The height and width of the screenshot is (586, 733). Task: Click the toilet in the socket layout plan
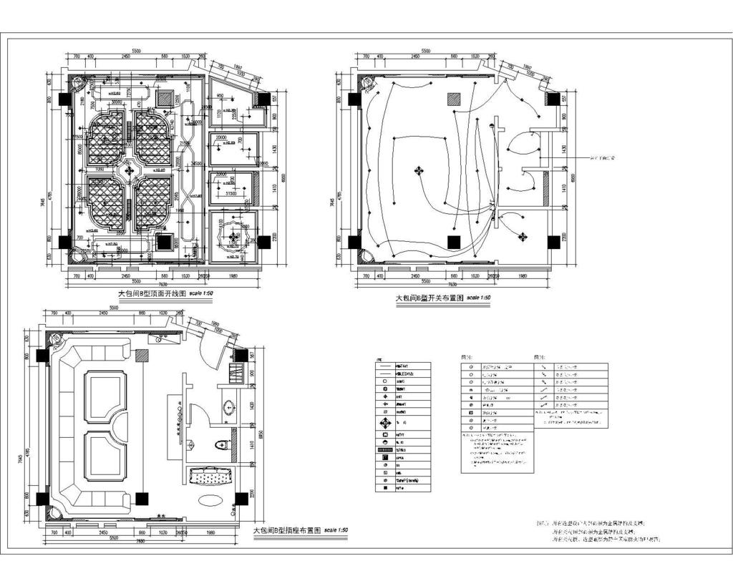[222, 445]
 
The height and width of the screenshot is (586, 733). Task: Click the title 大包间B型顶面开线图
[152, 293]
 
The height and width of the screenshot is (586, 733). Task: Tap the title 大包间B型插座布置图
[286, 531]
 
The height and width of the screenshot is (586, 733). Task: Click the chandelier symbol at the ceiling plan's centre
[129, 170]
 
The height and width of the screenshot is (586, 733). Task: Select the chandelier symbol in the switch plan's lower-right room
[523, 235]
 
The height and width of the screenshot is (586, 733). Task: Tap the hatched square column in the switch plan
[454, 99]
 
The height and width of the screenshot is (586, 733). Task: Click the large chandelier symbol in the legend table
[386, 422]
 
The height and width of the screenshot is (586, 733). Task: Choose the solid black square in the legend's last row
[386, 488]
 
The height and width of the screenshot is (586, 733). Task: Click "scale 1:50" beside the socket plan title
[336, 530]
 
